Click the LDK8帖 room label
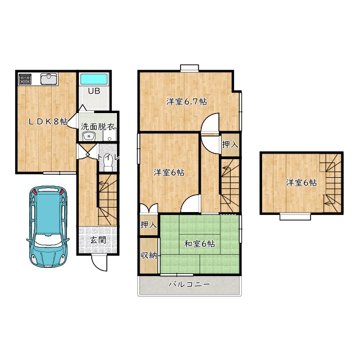coord(48,121)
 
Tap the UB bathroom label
coord(94,91)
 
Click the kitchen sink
coord(49,79)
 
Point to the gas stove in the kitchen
coord(25,79)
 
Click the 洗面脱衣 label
coord(98,127)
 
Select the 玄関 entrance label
coord(98,240)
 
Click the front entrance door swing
coord(100,263)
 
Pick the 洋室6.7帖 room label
coord(187,101)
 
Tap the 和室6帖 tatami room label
coord(200,244)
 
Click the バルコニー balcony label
coord(190,285)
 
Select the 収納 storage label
coord(148,255)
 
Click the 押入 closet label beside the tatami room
coord(148,225)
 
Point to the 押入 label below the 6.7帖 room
coord(230,145)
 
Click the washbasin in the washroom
coord(89,137)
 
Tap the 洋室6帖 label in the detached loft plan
coord(301,183)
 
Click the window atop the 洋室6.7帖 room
coord(190,68)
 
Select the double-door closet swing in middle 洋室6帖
coord(148,208)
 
